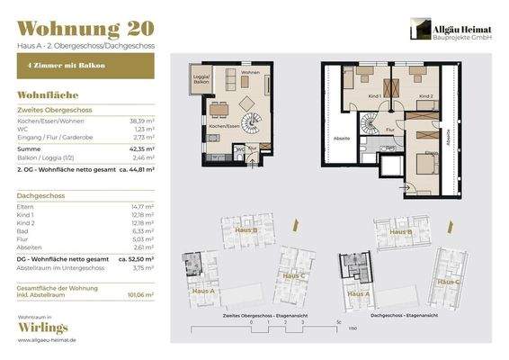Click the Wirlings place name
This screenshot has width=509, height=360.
click(45, 331)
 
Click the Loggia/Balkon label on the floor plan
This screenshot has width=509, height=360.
click(201, 80)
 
